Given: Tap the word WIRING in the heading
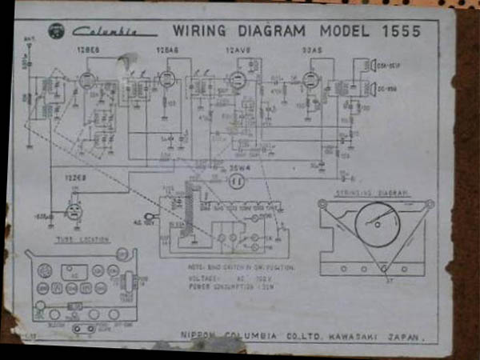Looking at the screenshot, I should pos(197,31).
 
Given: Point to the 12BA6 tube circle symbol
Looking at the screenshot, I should pos(166,79).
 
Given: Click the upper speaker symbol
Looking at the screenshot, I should pos(372,65).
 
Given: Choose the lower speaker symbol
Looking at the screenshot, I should pos(372,89).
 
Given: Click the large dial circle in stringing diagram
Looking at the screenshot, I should pos(375,223).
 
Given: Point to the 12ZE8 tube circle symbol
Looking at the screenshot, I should pos(74,210).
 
